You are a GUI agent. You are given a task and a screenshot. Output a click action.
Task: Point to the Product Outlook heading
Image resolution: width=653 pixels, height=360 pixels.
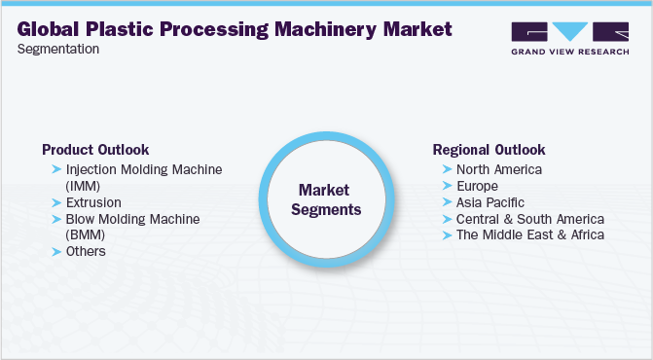coord(95,150)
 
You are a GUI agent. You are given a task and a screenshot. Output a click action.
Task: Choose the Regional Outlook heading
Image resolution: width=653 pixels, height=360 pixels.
coord(489,150)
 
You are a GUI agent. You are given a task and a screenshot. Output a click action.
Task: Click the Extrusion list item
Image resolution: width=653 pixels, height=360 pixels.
coord(93,202)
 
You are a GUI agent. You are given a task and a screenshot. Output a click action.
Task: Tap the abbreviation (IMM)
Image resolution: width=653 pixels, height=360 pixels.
coord(84,185)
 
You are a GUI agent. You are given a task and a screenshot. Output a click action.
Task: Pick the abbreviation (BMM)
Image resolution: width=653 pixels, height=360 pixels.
coord(85,234)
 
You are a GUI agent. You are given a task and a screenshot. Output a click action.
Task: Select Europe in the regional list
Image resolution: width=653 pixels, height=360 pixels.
coord(477,186)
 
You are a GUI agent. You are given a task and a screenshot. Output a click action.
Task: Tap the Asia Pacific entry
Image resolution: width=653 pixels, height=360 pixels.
coord(490,202)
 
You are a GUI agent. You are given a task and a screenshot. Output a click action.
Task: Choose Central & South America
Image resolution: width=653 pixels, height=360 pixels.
coord(529,219)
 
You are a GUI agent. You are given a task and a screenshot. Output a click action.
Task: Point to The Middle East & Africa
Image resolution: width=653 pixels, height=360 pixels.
coord(529,234)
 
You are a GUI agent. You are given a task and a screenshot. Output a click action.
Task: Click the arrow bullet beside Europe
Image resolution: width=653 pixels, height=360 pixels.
coord(447,186)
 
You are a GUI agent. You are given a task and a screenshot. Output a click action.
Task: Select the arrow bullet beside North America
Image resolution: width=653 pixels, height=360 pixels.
coord(447,169)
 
